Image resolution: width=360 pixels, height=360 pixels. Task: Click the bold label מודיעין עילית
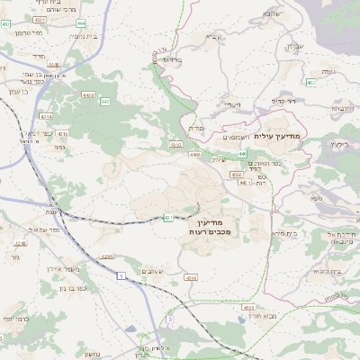281,136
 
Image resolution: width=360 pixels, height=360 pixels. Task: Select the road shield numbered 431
168,217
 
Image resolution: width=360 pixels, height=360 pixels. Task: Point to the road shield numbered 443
105,102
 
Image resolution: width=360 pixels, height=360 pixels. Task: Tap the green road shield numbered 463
310,83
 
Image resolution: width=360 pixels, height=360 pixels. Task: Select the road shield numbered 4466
196,155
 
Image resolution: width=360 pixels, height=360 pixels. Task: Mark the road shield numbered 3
169,319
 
